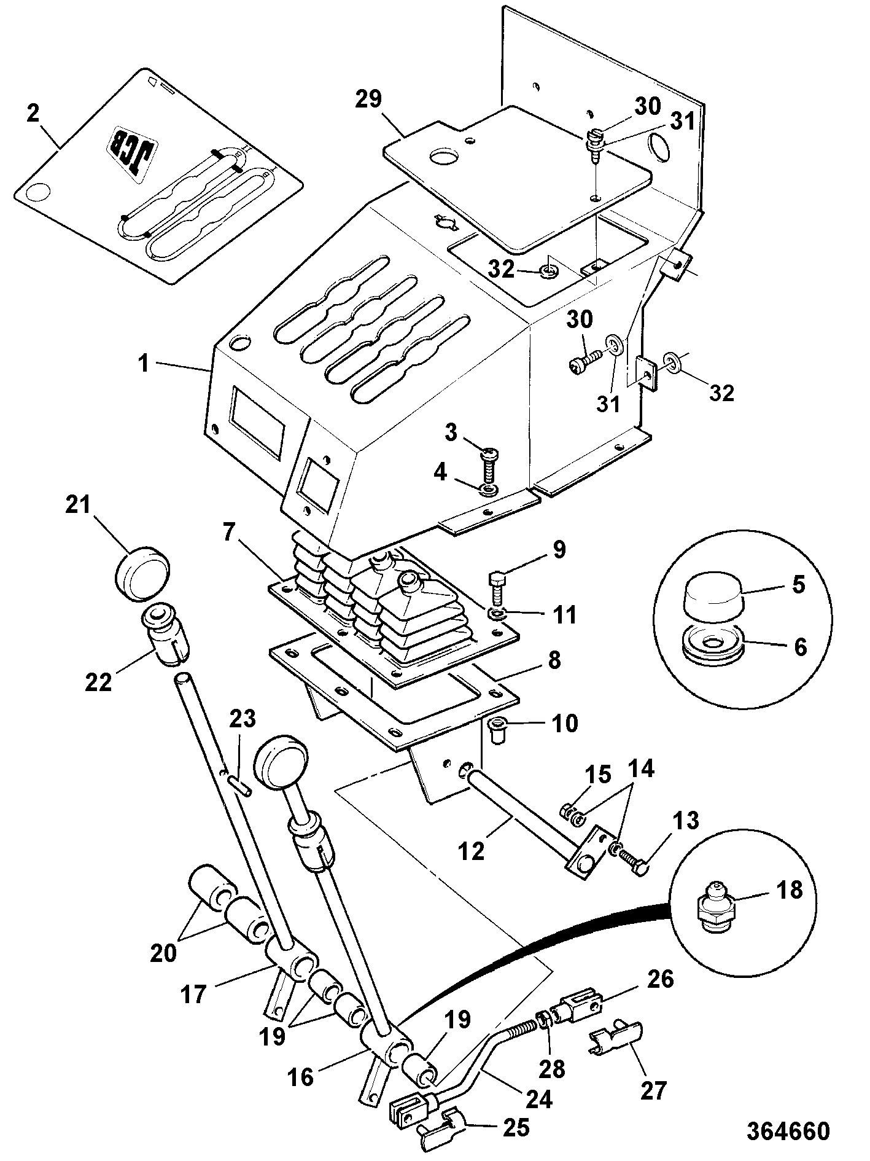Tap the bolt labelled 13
point(632,859)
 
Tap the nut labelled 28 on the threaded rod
point(543,1019)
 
